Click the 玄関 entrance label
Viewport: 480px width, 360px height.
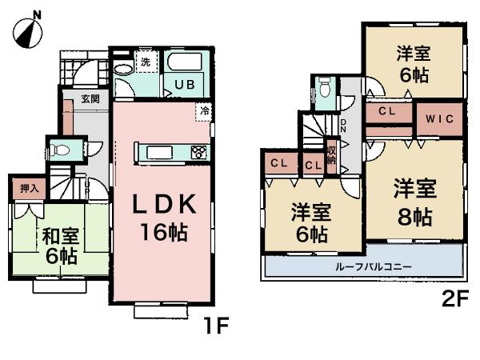(x=90, y=99)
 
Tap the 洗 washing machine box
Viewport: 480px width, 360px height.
(x=146, y=61)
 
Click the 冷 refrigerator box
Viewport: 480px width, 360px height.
(x=204, y=111)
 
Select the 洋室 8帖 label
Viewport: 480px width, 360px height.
(x=414, y=202)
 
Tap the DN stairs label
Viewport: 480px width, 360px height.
(x=342, y=125)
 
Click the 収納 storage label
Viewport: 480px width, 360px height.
(x=330, y=155)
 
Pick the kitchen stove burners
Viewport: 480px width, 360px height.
(x=198, y=152)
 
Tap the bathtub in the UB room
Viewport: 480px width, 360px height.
(x=183, y=64)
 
